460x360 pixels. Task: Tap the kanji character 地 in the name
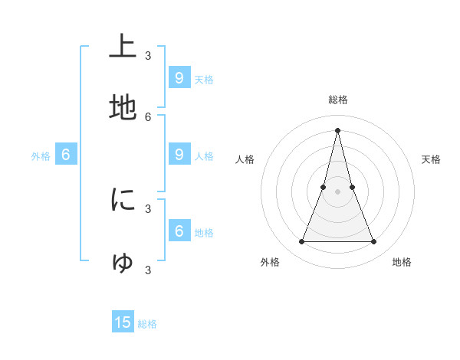click(123, 109)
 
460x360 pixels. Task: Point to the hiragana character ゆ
click(123, 263)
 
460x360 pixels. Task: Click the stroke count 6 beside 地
click(148, 117)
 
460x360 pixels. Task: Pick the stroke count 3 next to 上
click(148, 55)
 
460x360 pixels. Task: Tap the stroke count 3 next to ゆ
click(148, 270)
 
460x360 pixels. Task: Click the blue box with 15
click(123, 322)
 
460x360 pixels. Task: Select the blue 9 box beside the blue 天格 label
click(179, 77)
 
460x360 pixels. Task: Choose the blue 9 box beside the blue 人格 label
click(179, 154)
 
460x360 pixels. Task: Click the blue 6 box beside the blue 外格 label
click(65, 155)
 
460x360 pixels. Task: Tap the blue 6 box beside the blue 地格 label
click(179, 231)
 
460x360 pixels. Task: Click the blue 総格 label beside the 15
click(147, 324)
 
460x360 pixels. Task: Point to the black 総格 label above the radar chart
click(338, 100)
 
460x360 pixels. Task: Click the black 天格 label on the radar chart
click(431, 159)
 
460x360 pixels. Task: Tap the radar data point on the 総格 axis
click(337, 129)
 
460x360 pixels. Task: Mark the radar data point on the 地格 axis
click(373, 242)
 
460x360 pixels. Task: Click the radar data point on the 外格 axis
click(301, 242)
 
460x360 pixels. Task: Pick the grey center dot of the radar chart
click(337, 192)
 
